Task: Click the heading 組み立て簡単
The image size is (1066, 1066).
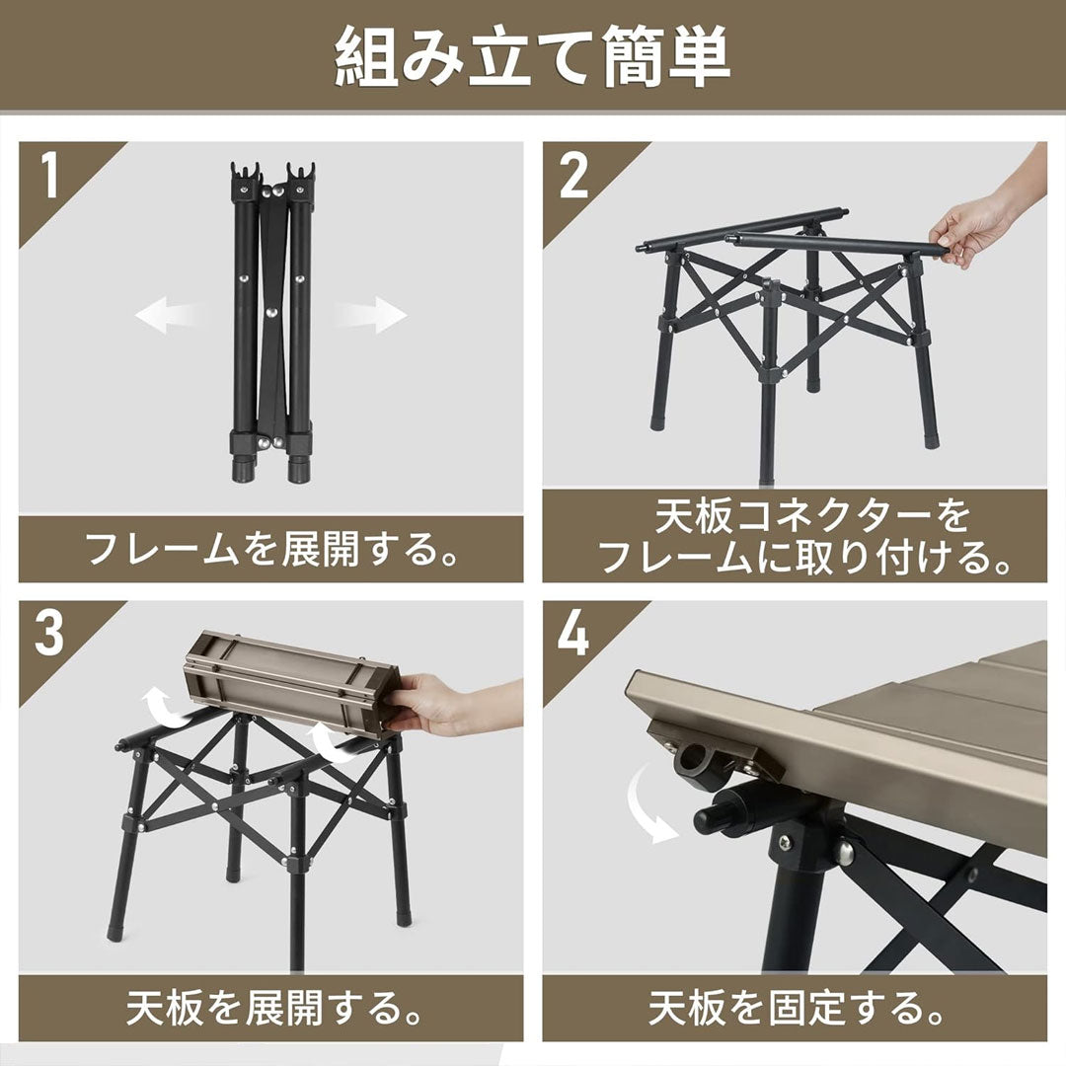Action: coord(532,56)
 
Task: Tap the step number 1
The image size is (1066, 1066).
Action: coord(49,175)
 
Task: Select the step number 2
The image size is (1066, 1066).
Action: coord(573,175)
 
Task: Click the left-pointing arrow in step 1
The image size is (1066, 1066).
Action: coord(169,315)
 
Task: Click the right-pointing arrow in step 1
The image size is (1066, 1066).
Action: coord(370,315)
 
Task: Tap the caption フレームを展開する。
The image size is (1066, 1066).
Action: coord(271,549)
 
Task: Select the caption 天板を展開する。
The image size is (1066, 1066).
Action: coord(271,1008)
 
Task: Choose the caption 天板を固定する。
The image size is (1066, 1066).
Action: coord(795,1008)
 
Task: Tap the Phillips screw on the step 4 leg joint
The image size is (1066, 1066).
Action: coord(785,842)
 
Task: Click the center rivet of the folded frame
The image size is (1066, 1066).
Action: coord(271,313)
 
